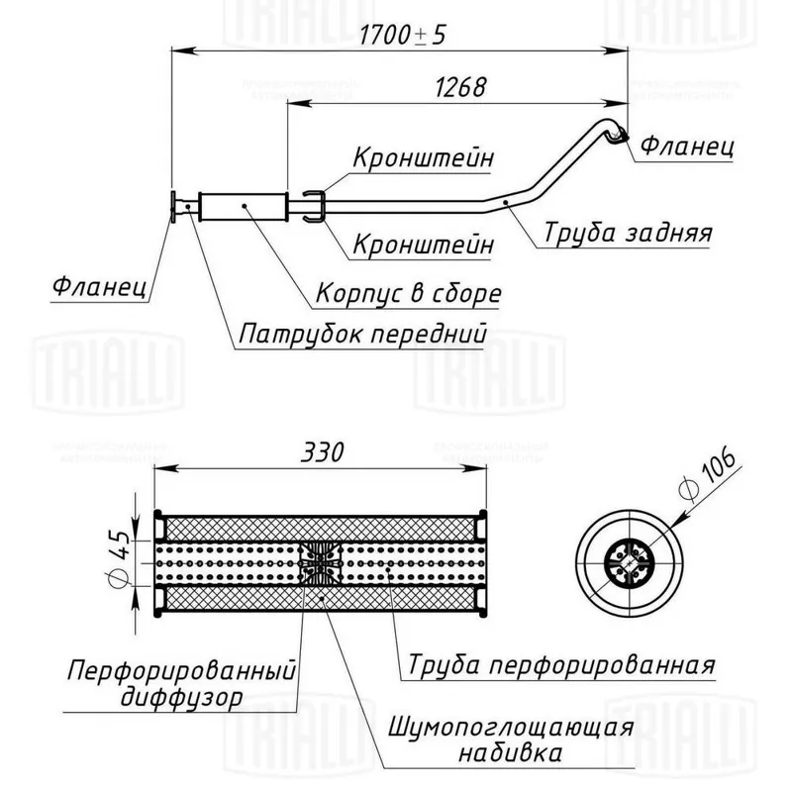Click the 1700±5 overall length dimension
click(403, 36)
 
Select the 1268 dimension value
click(460, 87)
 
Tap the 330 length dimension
click(323, 452)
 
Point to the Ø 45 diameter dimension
click(119, 557)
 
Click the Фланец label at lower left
click(100, 287)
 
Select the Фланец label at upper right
click(687, 146)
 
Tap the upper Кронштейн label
click(423, 157)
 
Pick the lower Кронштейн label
click(423, 245)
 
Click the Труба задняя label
click(628, 233)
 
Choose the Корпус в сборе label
click(409, 293)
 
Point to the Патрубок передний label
click(362, 334)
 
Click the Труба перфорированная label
click(561, 665)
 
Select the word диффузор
click(182, 698)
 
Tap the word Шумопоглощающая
click(511, 729)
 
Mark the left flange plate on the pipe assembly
click(173, 206)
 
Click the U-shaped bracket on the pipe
click(313, 206)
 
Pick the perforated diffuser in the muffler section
click(320, 563)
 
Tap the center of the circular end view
click(629, 562)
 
